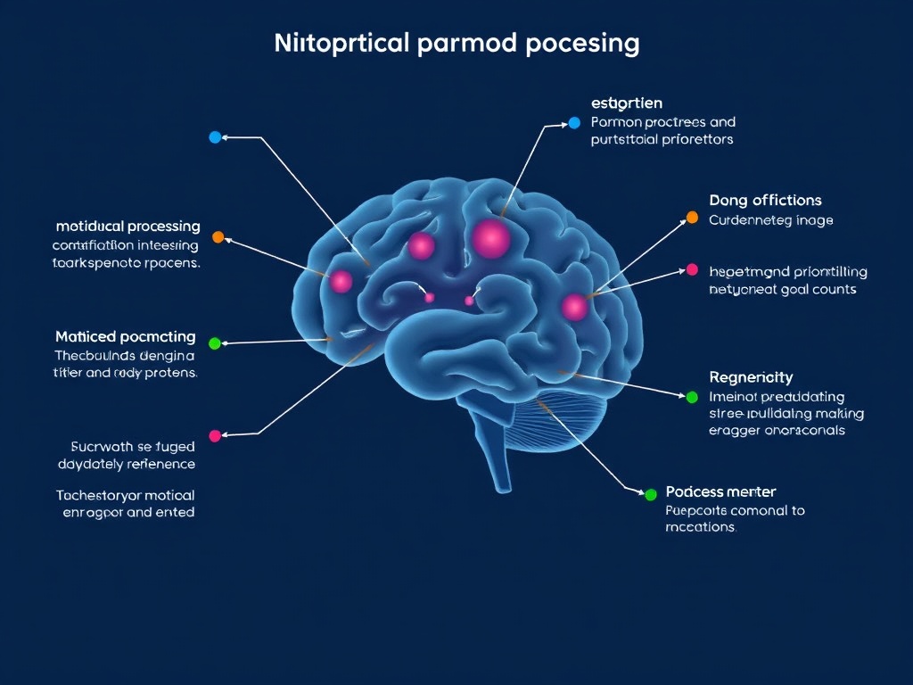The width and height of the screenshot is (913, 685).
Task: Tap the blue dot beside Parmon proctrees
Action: [574, 122]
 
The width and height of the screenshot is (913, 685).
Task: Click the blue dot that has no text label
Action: [214, 137]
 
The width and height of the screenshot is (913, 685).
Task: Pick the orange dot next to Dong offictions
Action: [692, 217]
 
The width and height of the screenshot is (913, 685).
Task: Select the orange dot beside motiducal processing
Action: [218, 237]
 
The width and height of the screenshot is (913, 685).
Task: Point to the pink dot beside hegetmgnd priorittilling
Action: [692, 269]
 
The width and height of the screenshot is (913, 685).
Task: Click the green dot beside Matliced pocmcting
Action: [214, 343]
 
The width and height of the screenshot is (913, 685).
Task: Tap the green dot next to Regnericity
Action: [692, 396]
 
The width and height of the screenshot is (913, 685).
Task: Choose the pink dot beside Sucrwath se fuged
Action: [214, 435]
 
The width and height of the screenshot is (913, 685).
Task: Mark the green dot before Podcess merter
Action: [650, 494]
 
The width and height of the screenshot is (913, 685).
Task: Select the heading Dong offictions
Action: [765, 201]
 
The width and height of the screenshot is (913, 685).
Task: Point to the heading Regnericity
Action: [751, 377]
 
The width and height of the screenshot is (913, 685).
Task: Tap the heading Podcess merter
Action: [720, 491]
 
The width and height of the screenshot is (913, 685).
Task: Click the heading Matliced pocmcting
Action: [126, 336]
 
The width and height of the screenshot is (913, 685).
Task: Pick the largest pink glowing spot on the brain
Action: [491, 238]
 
